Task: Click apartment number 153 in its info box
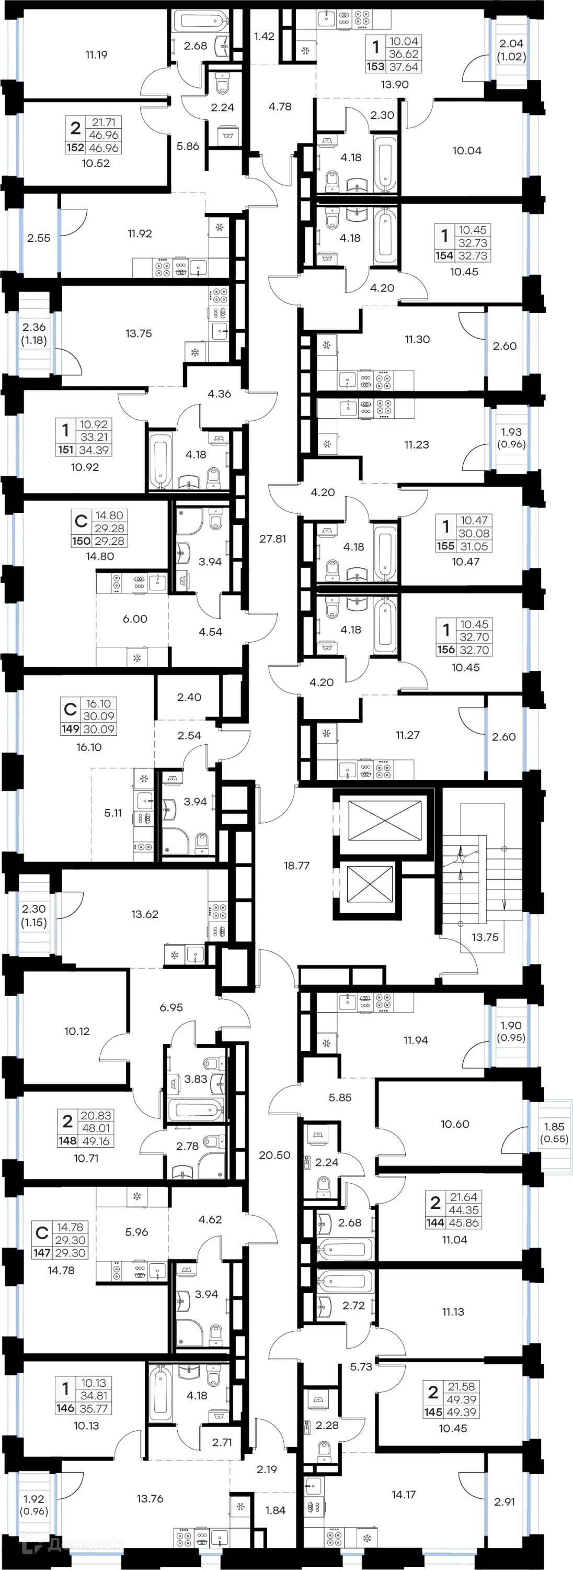coord(375,67)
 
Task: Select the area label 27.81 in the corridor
coord(272,539)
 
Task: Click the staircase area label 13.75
coord(485,937)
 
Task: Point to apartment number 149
coord(70,729)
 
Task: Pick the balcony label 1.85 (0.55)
coord(554,1132)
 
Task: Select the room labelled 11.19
coord(96,55)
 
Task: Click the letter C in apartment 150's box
coord(81,521)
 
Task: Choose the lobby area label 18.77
coord(296,866)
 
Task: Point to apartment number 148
coord(67,1140)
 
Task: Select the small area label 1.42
coord(263,37)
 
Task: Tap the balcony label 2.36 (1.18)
coord(34,333)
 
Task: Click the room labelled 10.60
coord(455,1124)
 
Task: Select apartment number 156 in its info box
coord(446,649)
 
